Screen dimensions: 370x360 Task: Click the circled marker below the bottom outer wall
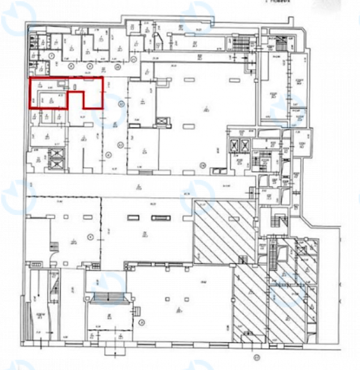coord(258,358)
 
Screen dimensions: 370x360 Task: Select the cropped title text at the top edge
coord(275,2)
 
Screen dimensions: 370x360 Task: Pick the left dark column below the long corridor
coord(131,219)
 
